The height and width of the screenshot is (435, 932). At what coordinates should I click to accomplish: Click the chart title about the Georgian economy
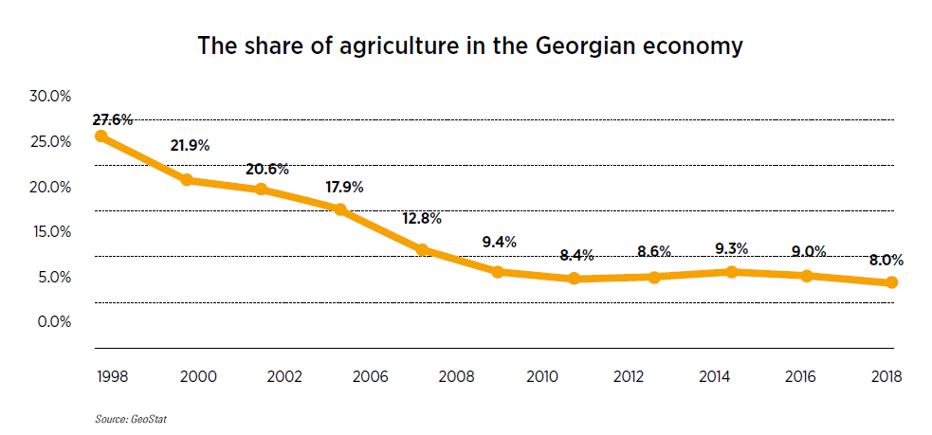[x=469, y=45]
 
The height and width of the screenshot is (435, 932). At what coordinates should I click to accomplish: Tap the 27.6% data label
[x=113, y=120]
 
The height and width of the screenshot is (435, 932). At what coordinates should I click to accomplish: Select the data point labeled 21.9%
[x=187, y=180]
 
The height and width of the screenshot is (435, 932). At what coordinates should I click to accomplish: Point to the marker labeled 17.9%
[x=342, y=209]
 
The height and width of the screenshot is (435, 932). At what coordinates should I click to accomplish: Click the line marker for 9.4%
[x=497, y=272]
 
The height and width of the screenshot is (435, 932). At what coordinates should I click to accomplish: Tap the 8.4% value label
[x=576, y=254]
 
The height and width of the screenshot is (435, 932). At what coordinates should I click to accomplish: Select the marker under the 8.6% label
[x=654, y=277]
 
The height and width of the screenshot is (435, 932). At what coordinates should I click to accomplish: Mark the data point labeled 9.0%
[x=807, y=276]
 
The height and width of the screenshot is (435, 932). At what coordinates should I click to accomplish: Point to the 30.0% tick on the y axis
[x=50, y=96]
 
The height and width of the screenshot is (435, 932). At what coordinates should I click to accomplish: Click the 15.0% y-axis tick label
[x=50, y=231]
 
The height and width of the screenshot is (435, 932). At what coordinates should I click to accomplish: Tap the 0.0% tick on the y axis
[x=53, y=321]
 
